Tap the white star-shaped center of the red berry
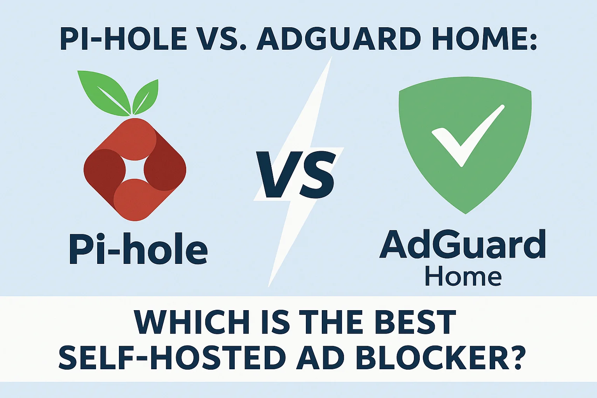(x=134, y=170)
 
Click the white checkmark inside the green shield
(x=468, y=136)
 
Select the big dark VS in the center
(x=296, y=175)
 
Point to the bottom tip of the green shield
(x=466, y=214)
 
